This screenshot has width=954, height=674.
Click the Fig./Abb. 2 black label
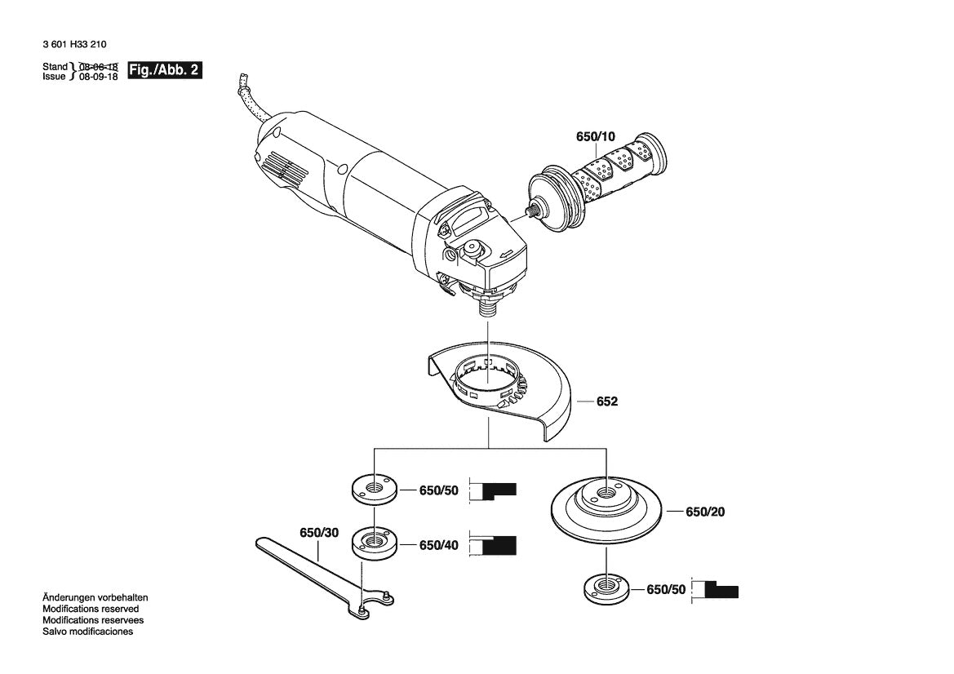pyautogui.click(x=166, y=70)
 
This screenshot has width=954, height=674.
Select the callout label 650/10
pyautogui.click(x=596, y=138)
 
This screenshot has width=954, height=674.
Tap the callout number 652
pyautogui.click(x=607, y=401)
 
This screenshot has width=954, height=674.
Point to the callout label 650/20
pyautogui.click(x=705, y=512)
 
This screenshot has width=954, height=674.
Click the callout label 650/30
pyautogui.click(x=318, y=532)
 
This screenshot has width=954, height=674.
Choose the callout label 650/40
pyautogui.click(x=438, y=545)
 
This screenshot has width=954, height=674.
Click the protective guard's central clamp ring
pyautogui.click(x=488, y=379)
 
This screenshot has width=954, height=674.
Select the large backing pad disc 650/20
pyautogui.click(x=607, y=510)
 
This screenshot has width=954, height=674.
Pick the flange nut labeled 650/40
pyautogui.click(x=375, y=543)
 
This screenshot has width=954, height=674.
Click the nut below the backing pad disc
pyautogui.click(x=606, y=589)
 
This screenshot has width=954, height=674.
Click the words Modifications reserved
pyautogui.click(x=91, y=609)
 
